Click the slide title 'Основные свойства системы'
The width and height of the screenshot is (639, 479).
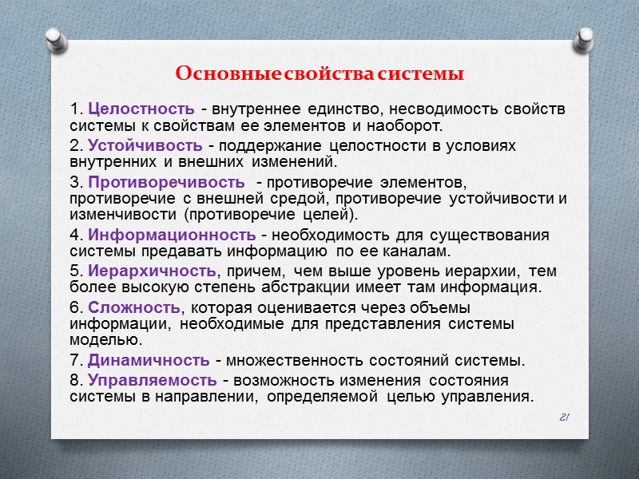(x=319, y=75)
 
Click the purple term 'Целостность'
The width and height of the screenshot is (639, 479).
(x=141, y=109)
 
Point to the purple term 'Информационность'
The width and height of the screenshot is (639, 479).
(x=172, y=235)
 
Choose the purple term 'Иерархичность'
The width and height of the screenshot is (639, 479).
(x=152, y=271)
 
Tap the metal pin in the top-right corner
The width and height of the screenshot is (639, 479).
(x=585, y=38)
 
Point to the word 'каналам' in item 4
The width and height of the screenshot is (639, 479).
(x=422, y=251)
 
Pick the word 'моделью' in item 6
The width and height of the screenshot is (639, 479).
(x=98, y=341)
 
